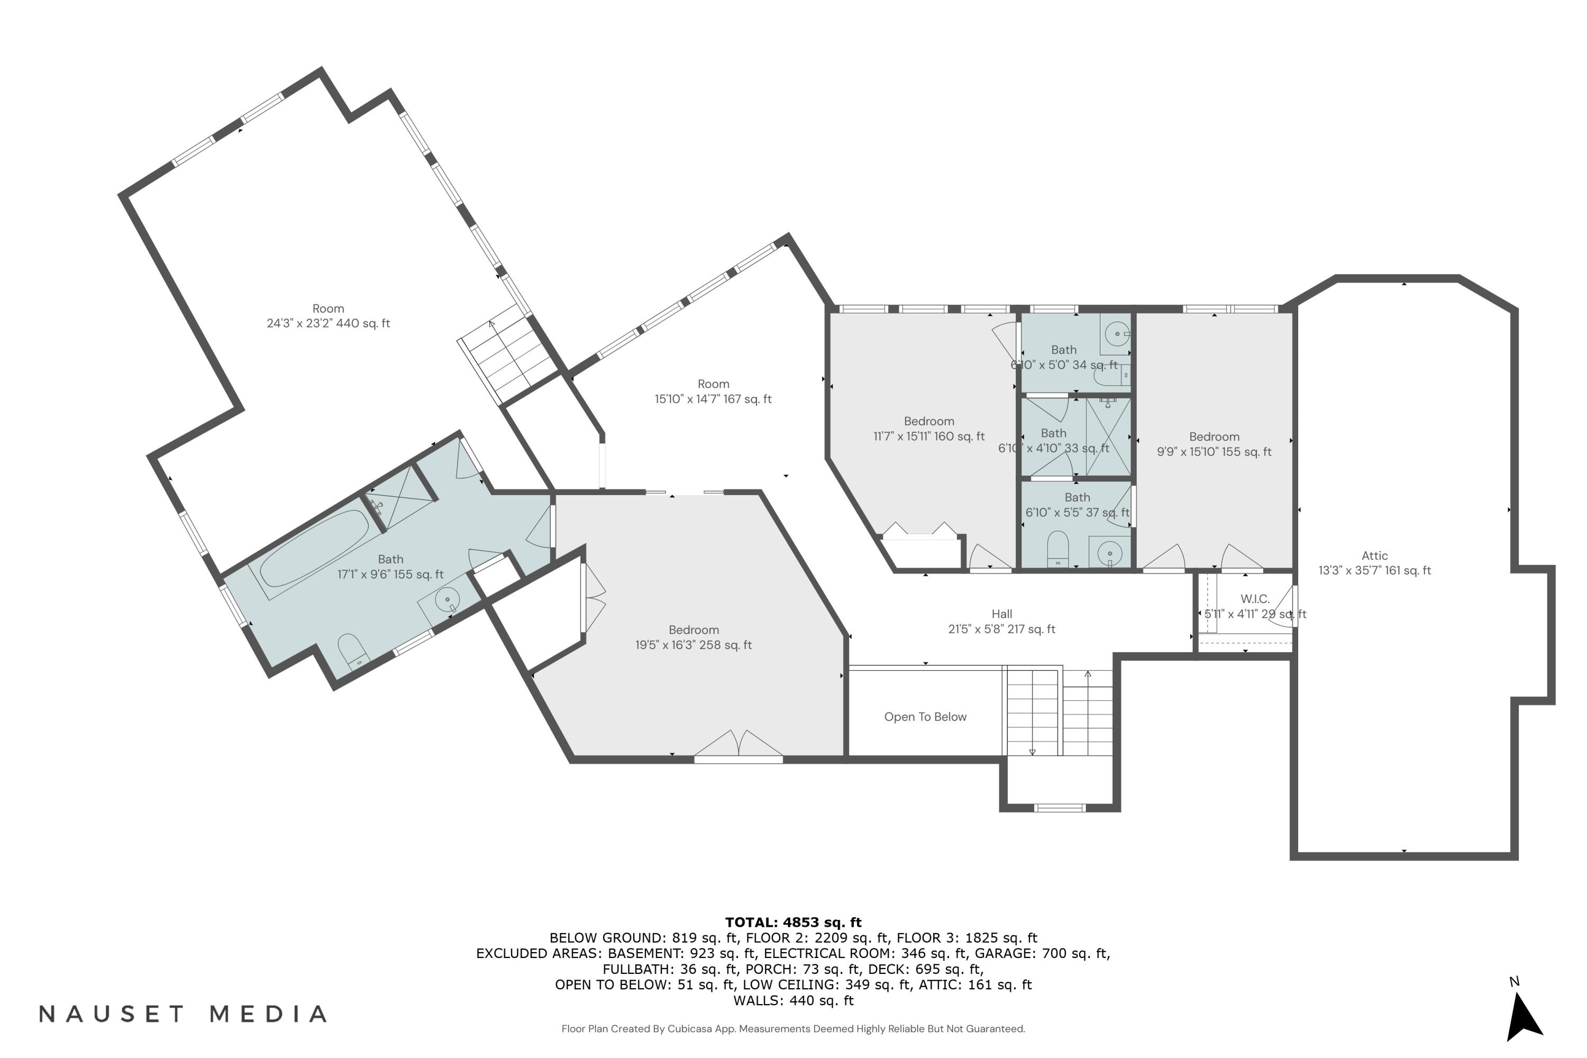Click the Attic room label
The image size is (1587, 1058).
[x=1374, y=556]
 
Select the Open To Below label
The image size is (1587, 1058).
[x=925, y=717]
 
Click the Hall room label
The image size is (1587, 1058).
[x=1001, y=614]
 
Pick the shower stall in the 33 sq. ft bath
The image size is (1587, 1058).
[x=1108, y=436]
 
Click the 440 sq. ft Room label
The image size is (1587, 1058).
[x=328, y=316]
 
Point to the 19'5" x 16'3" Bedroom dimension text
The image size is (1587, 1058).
[x=693, y=645]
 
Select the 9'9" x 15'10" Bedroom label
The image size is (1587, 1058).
[x=1214, y=444]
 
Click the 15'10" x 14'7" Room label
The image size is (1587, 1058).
[x=713, y=391]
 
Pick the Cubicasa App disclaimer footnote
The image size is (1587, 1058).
[x=793, y=1029]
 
